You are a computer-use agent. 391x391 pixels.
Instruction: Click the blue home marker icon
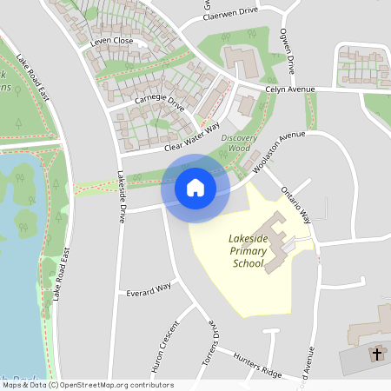195,188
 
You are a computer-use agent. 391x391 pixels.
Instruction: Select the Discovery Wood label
241,142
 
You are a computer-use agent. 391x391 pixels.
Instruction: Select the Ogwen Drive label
286,53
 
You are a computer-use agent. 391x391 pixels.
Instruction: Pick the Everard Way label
149,288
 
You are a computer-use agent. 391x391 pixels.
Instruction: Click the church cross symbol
377,354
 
